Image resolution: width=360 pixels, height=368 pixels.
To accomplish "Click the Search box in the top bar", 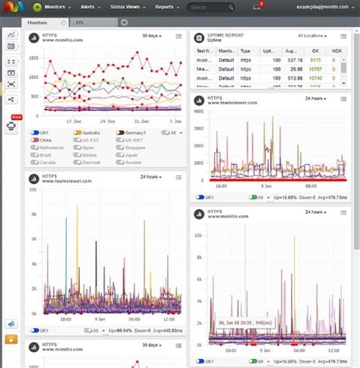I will click(209, 8).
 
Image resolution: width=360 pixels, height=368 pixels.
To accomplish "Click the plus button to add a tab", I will click(124, 23).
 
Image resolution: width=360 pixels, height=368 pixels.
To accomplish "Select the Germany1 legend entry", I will click(122, 132).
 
